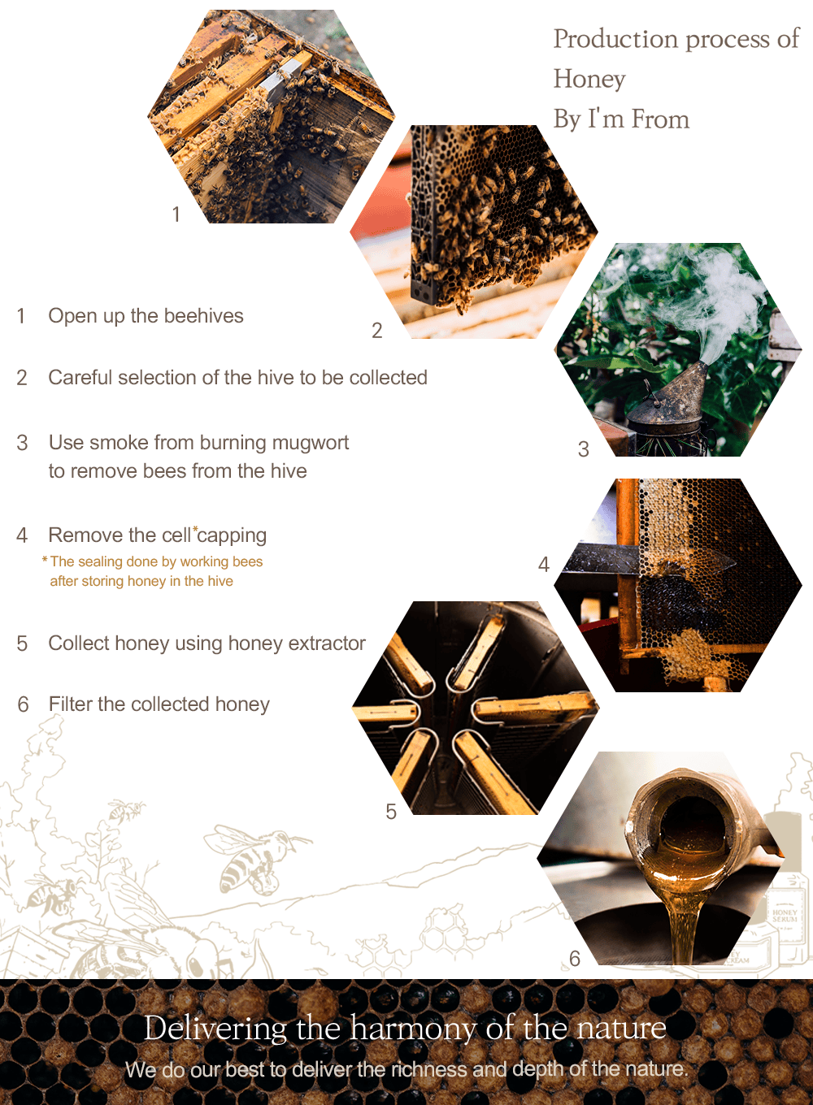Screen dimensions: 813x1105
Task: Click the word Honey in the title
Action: pyautogui.click(x=589, y=80)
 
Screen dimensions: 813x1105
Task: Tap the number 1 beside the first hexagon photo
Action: pyautogui.click(x=176, y=214)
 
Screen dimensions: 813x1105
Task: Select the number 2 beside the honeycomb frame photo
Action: pyautogui.click(x=377, y=331)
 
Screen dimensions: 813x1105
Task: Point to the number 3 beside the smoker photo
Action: pyautogui.click(x=584, y=448)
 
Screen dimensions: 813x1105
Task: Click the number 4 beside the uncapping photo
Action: pyautogui.click(x=543, y=565)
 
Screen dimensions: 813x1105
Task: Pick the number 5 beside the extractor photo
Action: pyautogui.click(x=391, y=812)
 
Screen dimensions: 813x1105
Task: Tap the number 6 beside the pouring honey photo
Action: pyautogui.click(x=575, y=959)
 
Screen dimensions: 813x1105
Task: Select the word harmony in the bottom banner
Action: pyautogui.click(x=414, y=1029)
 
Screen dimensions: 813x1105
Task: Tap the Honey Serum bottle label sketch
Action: pyautogui.click(x=785, y=916)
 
